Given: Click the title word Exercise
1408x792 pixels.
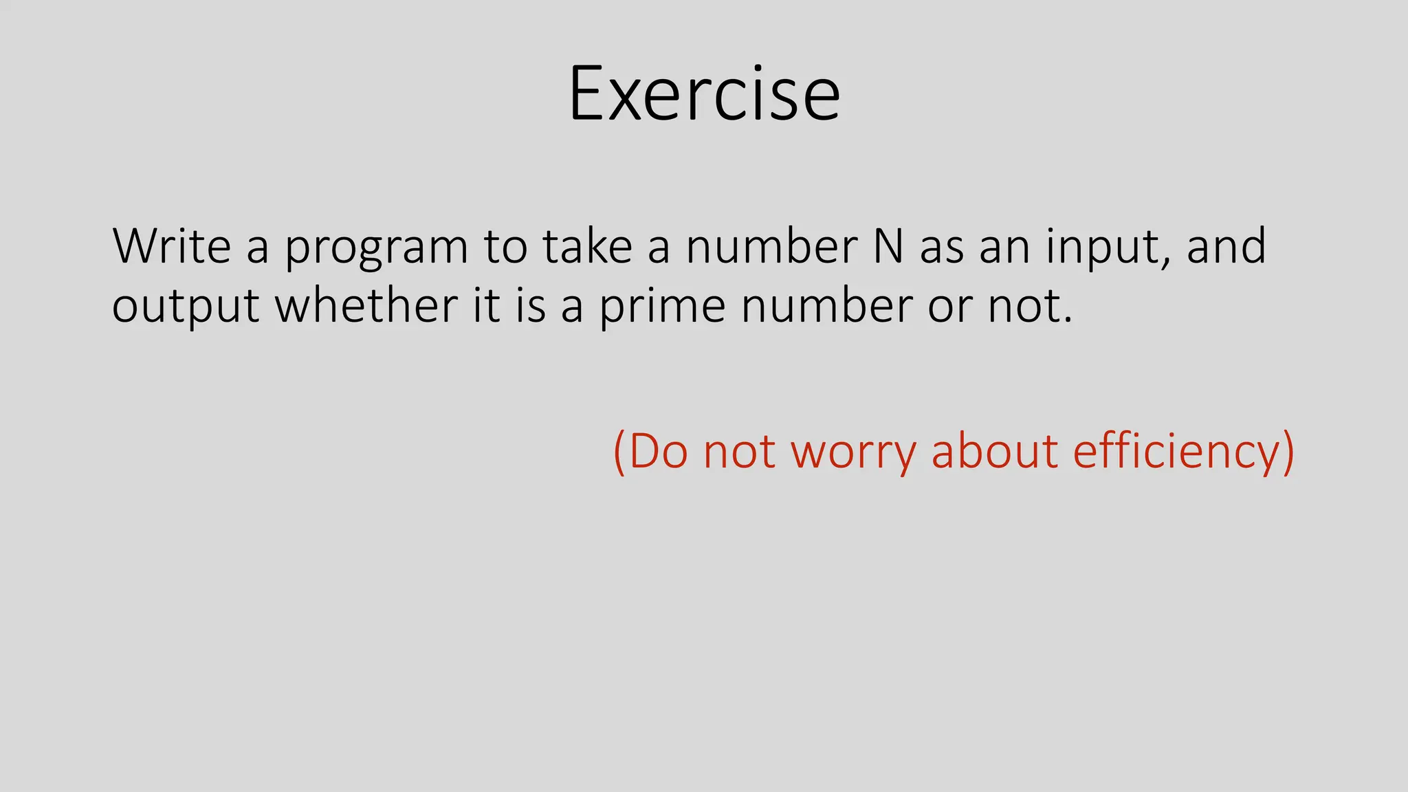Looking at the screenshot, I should coord(704,94).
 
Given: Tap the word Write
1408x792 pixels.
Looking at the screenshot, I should coord(172,246).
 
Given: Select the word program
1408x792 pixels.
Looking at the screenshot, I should coord(377,249).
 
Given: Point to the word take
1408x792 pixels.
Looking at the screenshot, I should coord(587,246).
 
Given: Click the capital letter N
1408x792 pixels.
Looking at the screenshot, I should coord(888,246).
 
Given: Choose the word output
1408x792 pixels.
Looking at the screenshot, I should coord(186,307).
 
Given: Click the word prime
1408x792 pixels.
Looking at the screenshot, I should coord(662,307).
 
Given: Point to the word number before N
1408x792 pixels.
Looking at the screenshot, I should coord(772,246).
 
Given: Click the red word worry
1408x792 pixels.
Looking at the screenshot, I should coord(853,453).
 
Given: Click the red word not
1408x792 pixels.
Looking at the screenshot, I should coord(739,452).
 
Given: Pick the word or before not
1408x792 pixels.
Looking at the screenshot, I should coord(949,307).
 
